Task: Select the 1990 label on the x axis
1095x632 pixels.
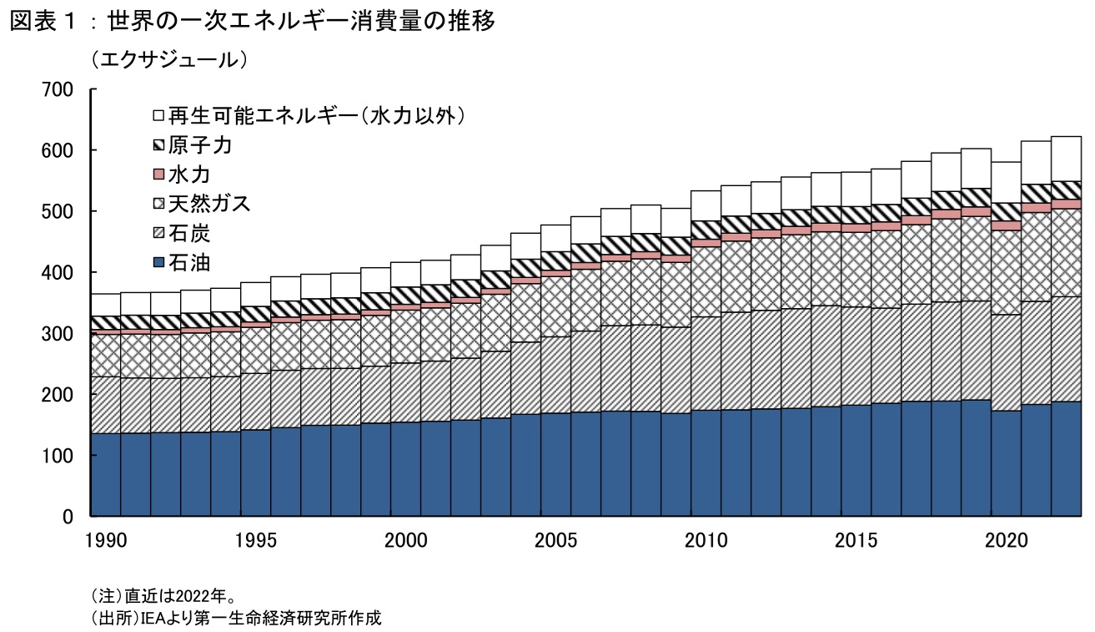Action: [x=106, y=541]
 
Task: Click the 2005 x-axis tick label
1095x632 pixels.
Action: [x=555, y=541]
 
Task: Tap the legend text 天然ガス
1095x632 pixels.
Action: [x=208, y=205]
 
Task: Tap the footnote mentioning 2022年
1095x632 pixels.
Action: [x=162, y=596]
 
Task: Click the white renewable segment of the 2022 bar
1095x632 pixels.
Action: [x=1066, y=159]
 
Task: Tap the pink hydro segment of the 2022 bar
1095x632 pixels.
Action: [x=1066, y=204]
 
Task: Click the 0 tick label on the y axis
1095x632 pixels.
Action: [x=72, y=517]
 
